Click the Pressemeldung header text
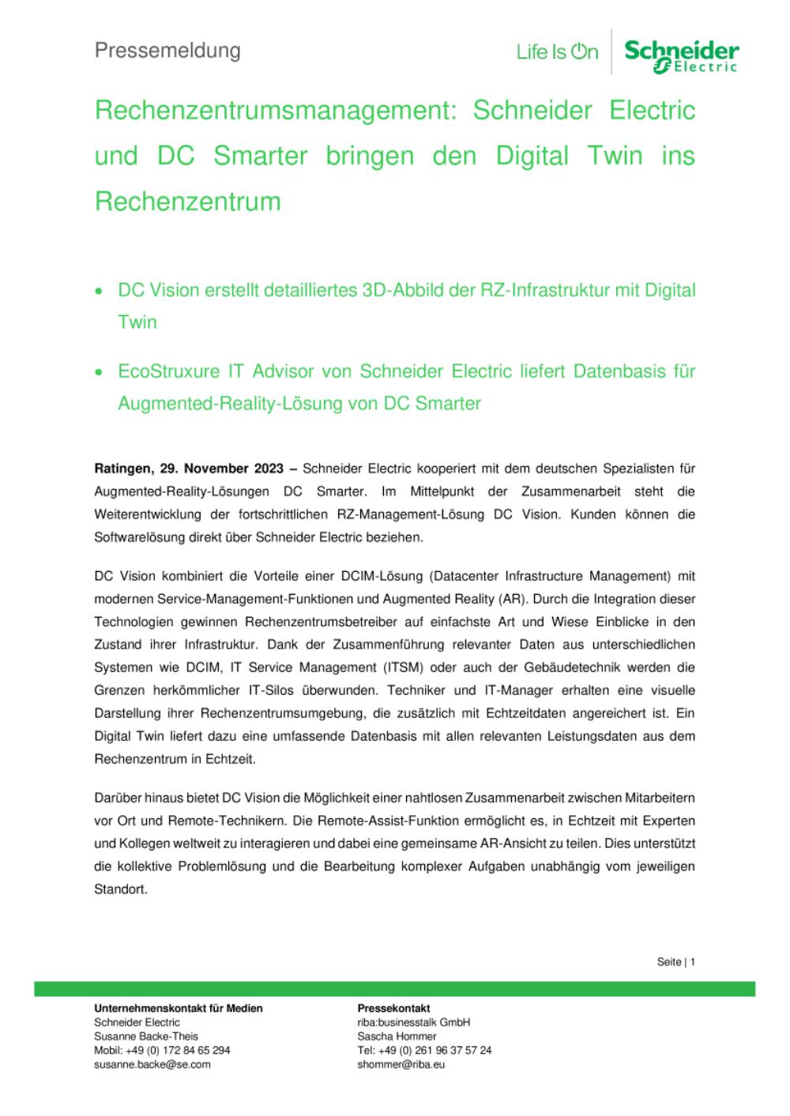click(167, 51)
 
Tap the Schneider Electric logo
click(681, 56)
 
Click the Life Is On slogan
click(557, 53)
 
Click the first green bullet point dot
click(98, 291)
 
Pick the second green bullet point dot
click(98, 371)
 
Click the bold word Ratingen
click(119, 469)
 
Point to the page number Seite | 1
click(675, 962)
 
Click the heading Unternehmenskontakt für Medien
click(179, 1009)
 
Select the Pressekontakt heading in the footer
click(393, 1009)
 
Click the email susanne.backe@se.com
click(152, 1065)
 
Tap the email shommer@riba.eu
click(401, 1065)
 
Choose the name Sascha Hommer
click(397, 1036)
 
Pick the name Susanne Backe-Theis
click(146, 1036)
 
